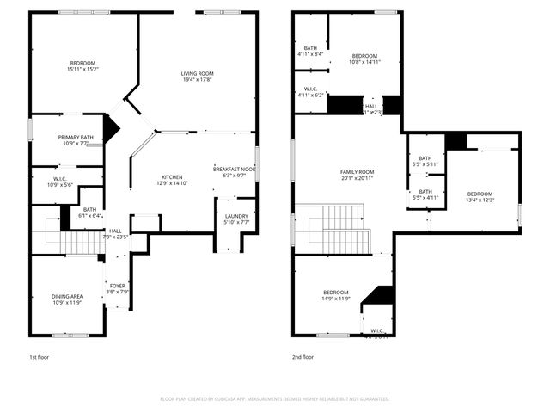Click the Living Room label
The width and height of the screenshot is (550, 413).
[197, 74]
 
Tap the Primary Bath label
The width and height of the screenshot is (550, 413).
[76, 137]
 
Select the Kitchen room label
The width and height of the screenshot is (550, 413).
[172, 176]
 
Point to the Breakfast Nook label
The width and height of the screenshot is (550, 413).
[235, 169]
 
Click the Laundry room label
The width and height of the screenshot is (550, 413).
[236, 216]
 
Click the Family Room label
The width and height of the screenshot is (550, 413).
[357, 172]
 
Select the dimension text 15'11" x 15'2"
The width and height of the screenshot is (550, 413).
[84, 69]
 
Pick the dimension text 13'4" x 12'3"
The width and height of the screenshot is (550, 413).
[480, 200]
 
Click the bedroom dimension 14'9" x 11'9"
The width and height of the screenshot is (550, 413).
[336, 299]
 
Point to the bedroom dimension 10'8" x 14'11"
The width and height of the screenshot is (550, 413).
[364, 62]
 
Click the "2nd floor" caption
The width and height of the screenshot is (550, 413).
[302, 356]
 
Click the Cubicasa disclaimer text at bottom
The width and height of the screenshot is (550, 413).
[275, 399]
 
